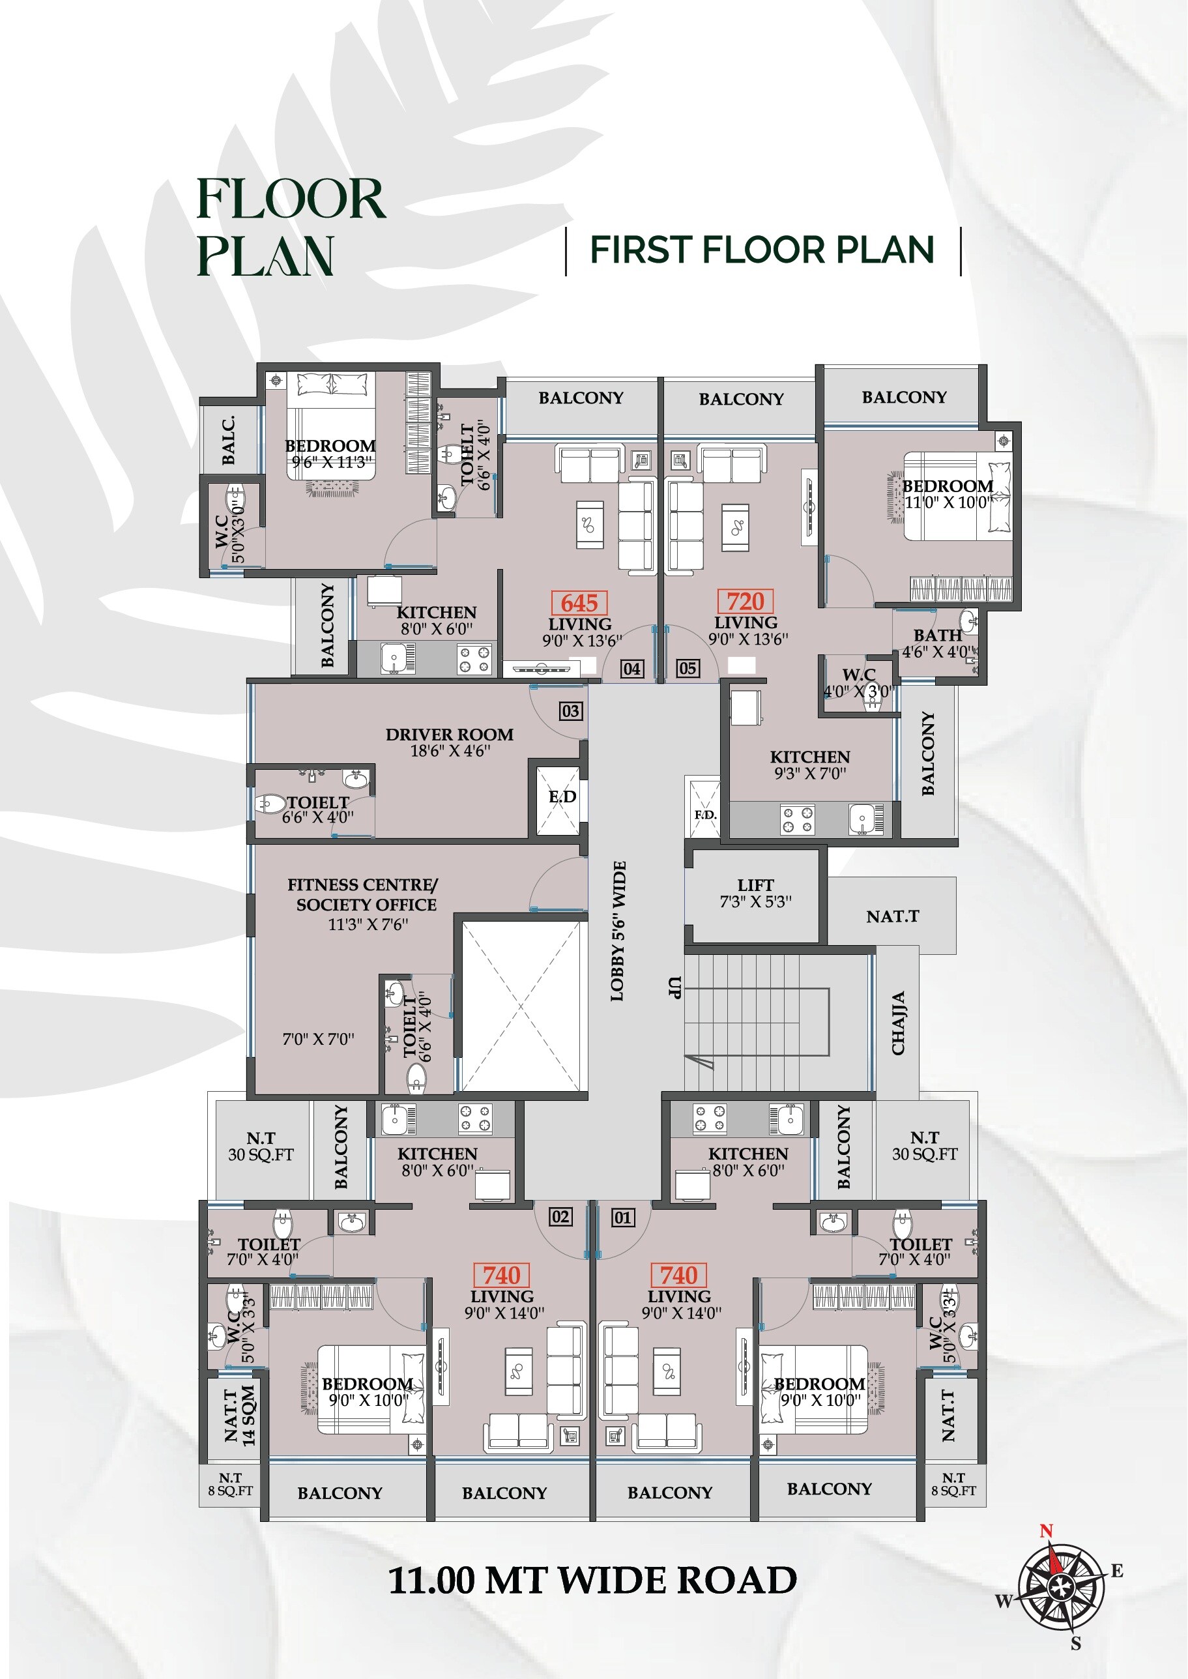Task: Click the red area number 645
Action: tap(579, 603)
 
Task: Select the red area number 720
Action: tap(745, 602)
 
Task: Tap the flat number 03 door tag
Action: tap(571, 710)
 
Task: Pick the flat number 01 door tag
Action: tap(622, 1218)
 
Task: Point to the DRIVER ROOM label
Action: tap(449, 735)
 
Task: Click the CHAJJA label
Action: tap(898, 1023)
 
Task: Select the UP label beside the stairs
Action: tap(674, 987)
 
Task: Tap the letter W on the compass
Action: tap(1003, 1601)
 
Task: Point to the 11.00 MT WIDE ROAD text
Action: tap(592, 1580)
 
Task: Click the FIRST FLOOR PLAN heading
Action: tap(762, 250)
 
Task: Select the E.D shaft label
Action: tap(562, 796)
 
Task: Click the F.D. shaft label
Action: tap(704, 815)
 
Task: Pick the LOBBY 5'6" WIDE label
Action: tap(618, 931)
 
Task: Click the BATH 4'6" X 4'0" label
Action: tap(938, 644)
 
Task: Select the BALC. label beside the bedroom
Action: tap(228, 441)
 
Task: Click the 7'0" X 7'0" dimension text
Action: tap(318, 1039)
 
